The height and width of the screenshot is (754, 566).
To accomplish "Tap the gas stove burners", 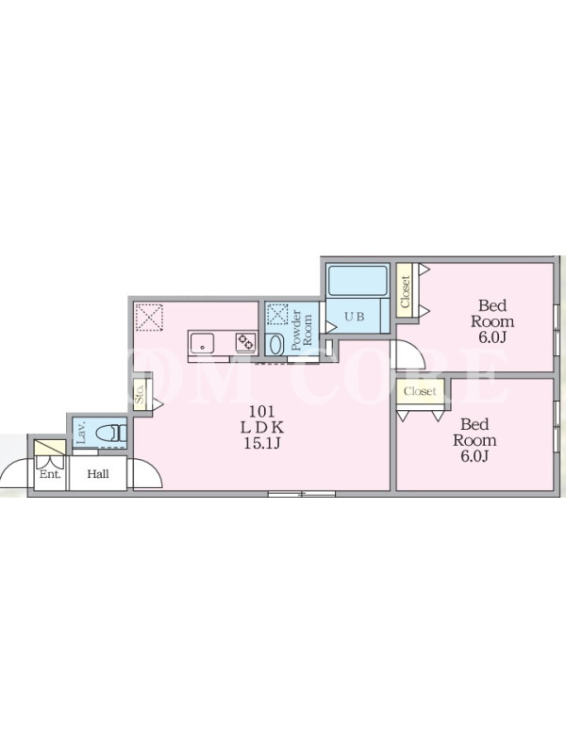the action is (x=245, y=342).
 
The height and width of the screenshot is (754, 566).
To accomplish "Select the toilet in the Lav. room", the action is (x=110, y=434).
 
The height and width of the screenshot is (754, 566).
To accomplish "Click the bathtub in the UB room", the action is (x=358, y=280).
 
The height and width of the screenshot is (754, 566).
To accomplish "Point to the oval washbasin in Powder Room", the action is (x=275, y=345).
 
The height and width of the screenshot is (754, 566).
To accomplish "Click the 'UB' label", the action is (x=354, y=317).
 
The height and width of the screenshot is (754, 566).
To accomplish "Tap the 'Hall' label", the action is (x=98, y=474).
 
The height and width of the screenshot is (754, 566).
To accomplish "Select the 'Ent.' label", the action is (x=50, y=474).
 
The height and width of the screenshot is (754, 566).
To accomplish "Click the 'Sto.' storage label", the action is (x=141, y=394).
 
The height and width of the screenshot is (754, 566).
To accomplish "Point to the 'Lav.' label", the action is (x=81, y=433).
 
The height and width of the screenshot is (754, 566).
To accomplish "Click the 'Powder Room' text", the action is (x=302, y=330).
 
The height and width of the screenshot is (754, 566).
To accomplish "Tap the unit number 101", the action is (x=261, y=411).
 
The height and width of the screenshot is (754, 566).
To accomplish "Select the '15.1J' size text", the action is (x=262, y=443).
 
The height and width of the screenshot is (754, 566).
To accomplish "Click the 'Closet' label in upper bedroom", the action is (x=406, y=291).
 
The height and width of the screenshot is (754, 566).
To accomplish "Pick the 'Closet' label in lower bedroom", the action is (x=420, y=391).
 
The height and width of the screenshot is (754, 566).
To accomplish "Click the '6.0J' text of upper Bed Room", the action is (x=492, y=337).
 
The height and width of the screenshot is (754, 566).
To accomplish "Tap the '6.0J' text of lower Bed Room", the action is (x=474, y=456).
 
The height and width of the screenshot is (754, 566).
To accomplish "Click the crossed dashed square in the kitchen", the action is (x=149, y=317).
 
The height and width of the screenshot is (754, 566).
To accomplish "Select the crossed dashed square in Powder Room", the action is (x=276, y=315).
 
